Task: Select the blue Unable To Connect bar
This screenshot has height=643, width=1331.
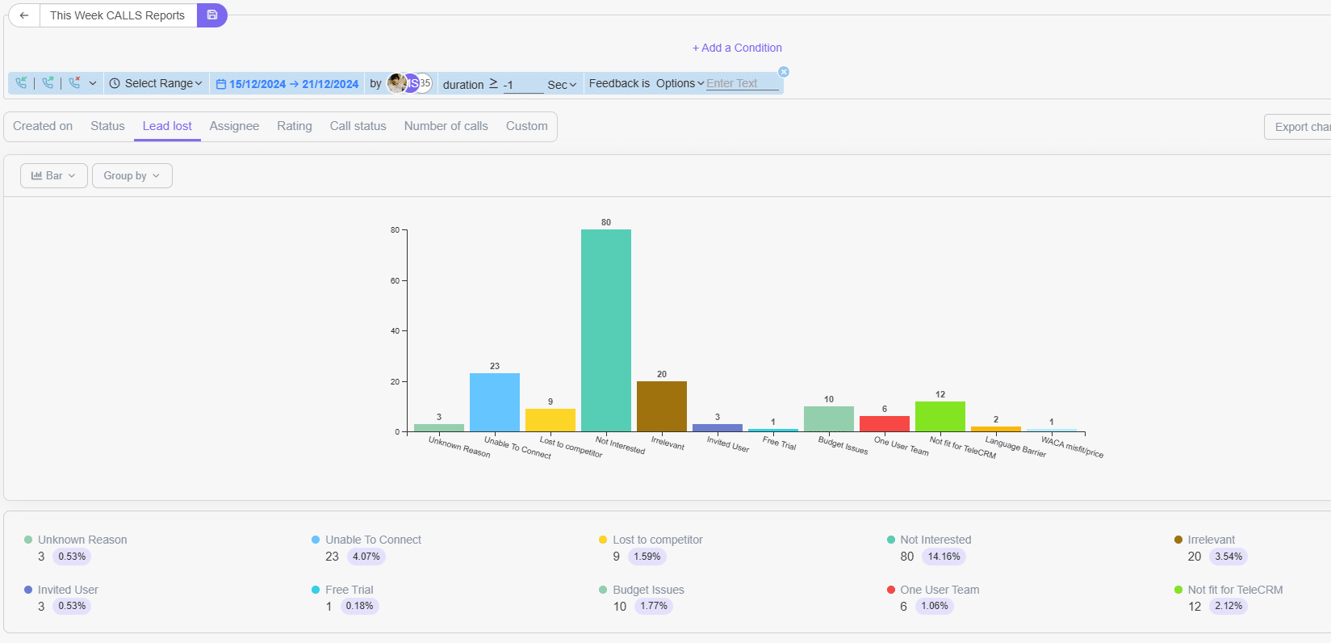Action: click(494, 401)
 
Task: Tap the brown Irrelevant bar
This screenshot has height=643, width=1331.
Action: click(661, 406)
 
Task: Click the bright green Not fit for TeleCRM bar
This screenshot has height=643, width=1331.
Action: click(940, 416)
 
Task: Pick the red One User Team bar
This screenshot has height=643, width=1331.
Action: click(884, 423)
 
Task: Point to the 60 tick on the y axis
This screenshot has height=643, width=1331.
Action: click(395, 281)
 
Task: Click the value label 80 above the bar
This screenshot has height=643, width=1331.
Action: click(605, 222)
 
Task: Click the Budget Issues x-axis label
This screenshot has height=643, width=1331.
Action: click(843, 445)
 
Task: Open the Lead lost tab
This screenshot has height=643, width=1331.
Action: click(167, 126)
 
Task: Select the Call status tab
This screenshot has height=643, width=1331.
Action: click(358, 126)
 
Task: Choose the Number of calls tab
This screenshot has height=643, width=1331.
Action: click(446, 126)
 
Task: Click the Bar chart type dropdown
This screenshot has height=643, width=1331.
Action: click(53, 175)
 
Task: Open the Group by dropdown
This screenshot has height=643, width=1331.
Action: click(132, 175)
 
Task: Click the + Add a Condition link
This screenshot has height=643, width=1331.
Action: click(737, 48)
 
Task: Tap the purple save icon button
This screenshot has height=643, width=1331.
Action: click(211, 15)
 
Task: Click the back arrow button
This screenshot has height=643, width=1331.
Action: click(24, 15)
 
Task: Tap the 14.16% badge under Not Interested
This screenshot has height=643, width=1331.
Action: click(944, 557)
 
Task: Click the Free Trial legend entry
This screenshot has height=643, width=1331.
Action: click(349, 590)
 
